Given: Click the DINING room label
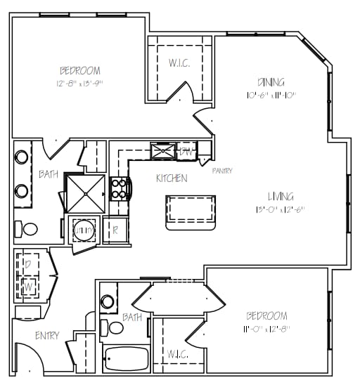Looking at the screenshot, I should (x=271, y=81).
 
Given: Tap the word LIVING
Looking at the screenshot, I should (x=280, y=197).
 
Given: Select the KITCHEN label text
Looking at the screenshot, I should (x=172, y=178).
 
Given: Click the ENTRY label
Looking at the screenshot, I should (x=47, y=336).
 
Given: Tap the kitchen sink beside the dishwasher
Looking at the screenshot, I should (x=163, y=150).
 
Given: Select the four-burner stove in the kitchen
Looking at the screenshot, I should (x=120, y=188).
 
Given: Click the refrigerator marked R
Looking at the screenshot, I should (x=115, y=230).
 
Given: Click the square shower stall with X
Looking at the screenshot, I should (x=85, y=192).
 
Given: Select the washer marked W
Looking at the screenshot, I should (x=28, y=287).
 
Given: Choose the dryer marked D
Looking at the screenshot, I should (x=28, y=264).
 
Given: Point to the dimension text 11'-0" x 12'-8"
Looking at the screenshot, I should (x=266, y=328).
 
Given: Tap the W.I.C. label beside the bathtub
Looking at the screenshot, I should (x=177, y=354).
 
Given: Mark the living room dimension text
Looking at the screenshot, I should (x=280, y=209).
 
